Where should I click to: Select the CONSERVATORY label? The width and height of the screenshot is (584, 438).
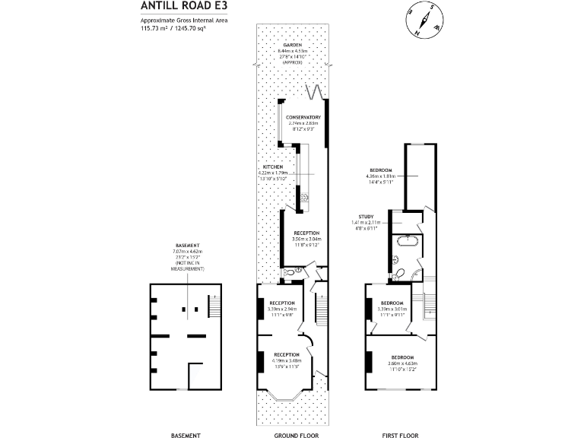[x=303, y=117]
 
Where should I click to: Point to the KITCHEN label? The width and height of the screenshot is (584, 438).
[x=273, y=167]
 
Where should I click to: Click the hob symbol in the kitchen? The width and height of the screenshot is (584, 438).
[x=304, y=198]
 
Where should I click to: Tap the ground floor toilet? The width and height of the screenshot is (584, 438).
[x=290, y=272]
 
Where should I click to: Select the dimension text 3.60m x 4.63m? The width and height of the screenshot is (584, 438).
[x=402, y=363]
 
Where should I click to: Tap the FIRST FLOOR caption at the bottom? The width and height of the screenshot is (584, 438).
[x=400, y=435]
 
